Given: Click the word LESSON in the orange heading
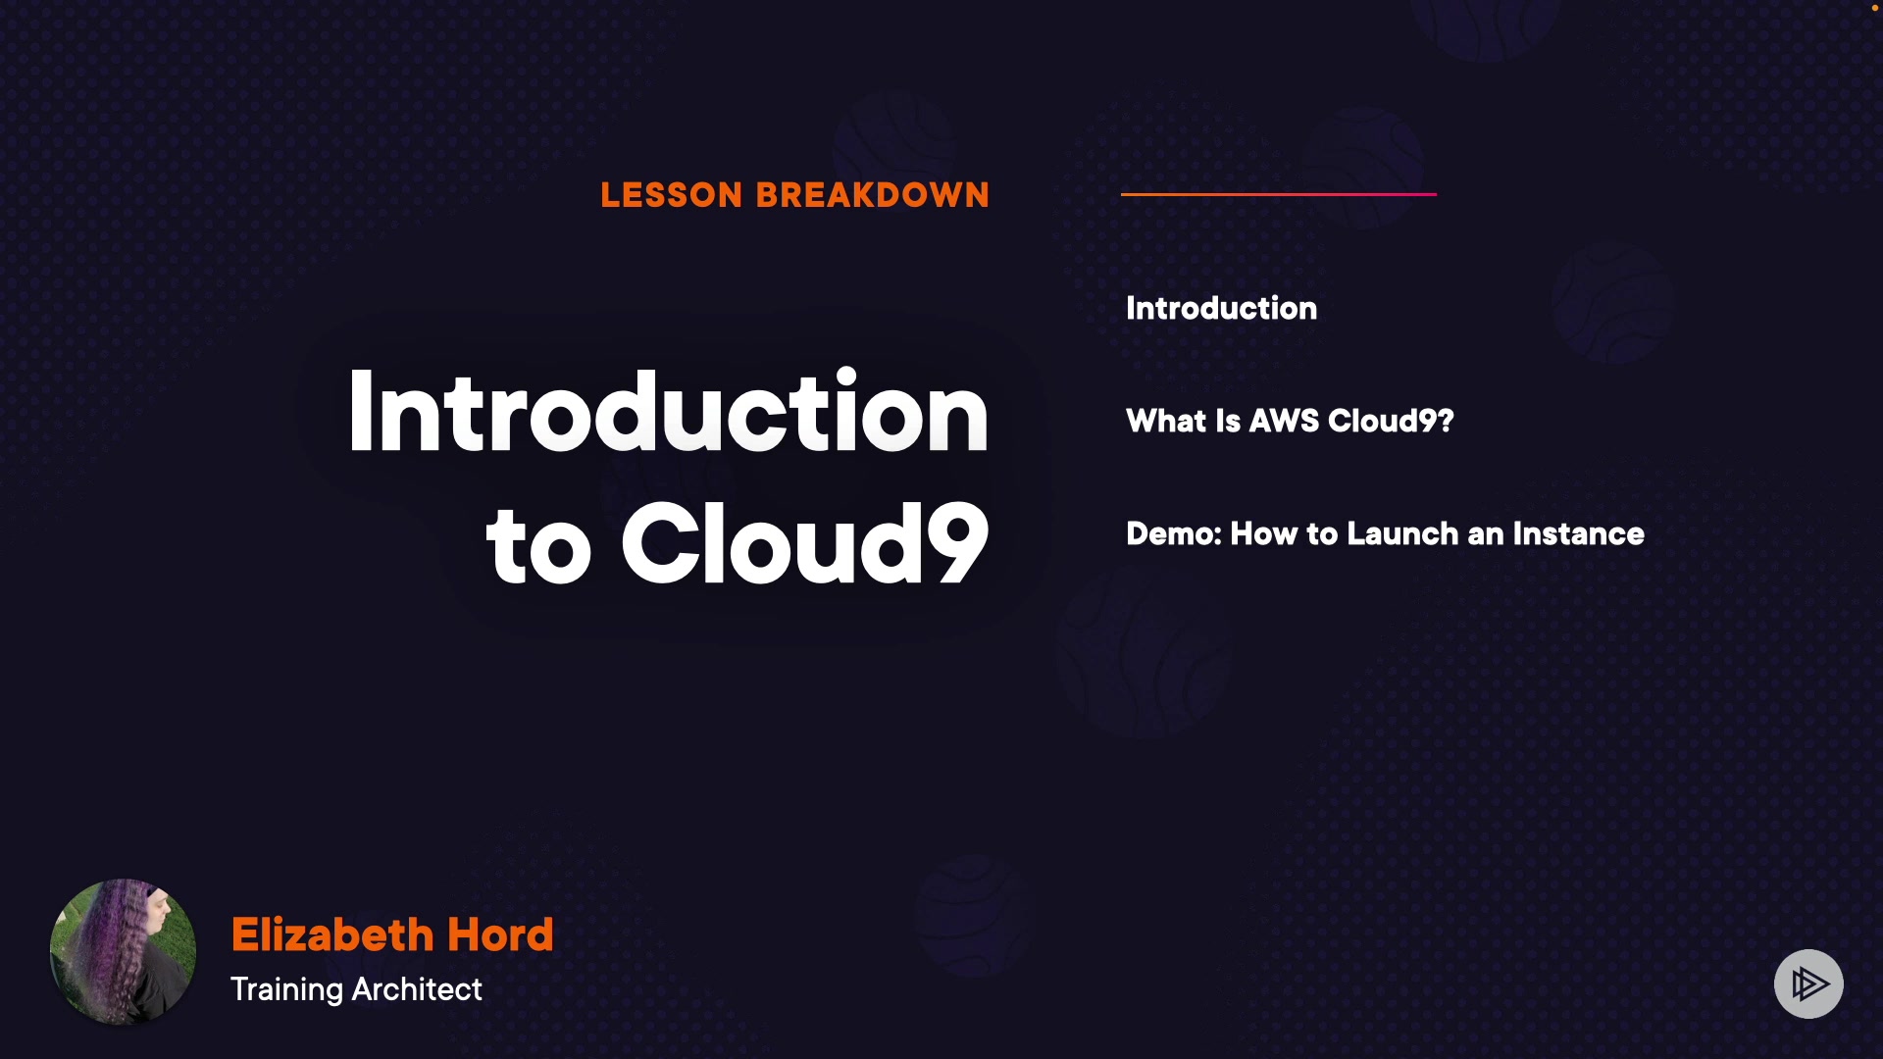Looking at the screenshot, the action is pyautogui.click(x=672, y=195).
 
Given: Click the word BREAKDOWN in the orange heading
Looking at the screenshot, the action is pyautogui.click(x=873, y=195).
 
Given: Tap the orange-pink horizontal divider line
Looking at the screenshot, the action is pyautogui.click(x=1279, y=194).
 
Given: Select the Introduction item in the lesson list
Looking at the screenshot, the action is pyautogui.click(x=1222, y=308).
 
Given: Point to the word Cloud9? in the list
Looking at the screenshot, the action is pyautogui.click(x=1391, y=421).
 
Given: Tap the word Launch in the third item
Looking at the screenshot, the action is pyautogui.click(x=1402, y=533).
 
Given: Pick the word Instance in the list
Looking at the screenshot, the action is pyautogui.click(x=1578, y=533).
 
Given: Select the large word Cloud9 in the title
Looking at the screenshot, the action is pyautogui.click(x=805, y=542).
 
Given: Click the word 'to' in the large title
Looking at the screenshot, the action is pyautogui.click(x=538, y=547).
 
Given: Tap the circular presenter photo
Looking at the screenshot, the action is pyautogui.click(x=123, y=951).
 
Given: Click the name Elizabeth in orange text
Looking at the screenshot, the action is pyautogui.click(x=332, y=934).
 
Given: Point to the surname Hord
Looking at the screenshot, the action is pyautogui.click(x=501, y=934).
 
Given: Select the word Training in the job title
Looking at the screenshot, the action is pyautogui.click(x=286, y=989).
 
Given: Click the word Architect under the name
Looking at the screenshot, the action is pyautogui.click(x=417, y=988).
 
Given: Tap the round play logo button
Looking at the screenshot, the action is pyautogui.click(x=1808, y=983).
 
